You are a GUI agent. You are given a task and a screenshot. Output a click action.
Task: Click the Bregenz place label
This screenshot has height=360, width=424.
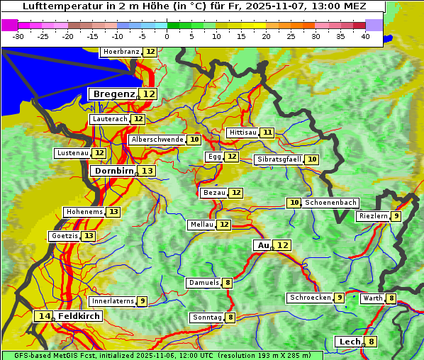click(x=113, y=94)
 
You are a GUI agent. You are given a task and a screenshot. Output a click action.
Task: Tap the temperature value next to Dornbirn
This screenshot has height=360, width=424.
click(x=147, y=171)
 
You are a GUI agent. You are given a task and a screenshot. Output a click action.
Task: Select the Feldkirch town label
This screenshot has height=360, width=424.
click(x=79, y=316)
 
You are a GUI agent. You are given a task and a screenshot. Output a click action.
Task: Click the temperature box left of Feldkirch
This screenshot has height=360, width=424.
click(x=45, y=316)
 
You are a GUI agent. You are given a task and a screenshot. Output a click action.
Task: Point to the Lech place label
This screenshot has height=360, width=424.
click(x=350, y=342)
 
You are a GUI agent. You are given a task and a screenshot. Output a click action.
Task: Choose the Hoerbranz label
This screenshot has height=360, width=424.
click(x=121, y=52)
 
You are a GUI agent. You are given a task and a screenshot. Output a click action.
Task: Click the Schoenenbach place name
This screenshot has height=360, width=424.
click(x=330, y=203)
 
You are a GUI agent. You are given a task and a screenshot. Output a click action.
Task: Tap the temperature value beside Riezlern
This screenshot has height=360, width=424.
click(x=396, y=216)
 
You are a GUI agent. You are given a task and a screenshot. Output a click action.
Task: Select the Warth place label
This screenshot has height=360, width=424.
click(x=373, y=298)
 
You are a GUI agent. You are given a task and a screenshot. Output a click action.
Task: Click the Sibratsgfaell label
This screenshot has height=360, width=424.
click(x=279, y=159)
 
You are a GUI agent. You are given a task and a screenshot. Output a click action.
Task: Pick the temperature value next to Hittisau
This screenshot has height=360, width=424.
click(x=267, y=133)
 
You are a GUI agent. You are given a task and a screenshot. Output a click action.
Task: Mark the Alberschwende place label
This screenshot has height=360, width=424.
click(x=157, y=140)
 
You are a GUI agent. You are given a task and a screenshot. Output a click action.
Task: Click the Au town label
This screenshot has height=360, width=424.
click(x=263, y=245)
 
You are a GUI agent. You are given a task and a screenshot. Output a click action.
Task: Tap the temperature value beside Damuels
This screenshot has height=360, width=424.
click(x=228, y=283)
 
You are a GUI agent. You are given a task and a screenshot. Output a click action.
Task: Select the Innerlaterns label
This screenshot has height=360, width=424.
click(x=113, y=301)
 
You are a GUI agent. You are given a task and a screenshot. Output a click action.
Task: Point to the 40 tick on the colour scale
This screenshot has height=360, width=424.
click(x=365, y=36)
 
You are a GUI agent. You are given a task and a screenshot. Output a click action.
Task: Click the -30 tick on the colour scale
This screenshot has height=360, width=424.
click(x=18, y=36)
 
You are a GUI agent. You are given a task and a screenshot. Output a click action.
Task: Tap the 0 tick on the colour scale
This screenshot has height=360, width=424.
click(x=167, y=36)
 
